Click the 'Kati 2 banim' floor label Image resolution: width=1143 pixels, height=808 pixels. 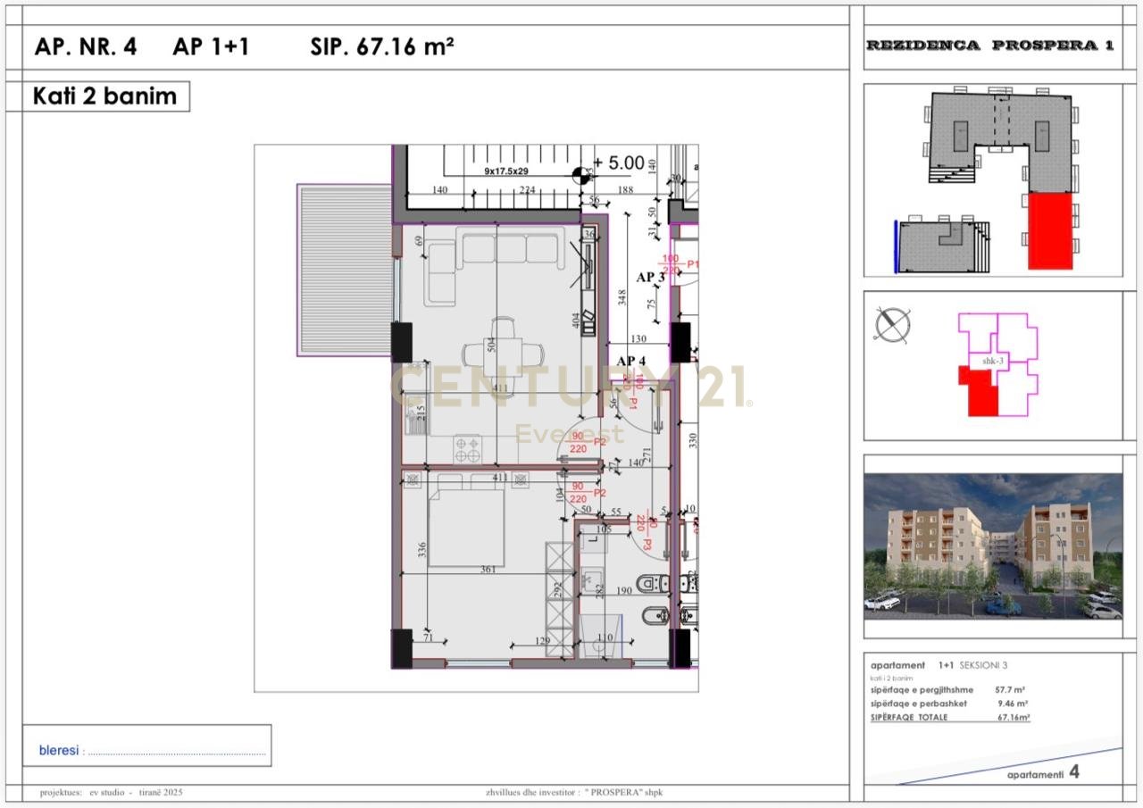104,96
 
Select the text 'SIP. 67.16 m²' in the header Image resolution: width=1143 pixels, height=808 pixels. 382,47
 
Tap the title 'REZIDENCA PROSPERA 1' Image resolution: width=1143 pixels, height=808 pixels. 990,46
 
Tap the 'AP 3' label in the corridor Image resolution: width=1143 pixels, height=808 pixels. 650,278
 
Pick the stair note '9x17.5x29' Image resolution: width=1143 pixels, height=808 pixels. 506,170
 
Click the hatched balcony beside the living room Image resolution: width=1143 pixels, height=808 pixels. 345,271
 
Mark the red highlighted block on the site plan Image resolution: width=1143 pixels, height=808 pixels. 1049,230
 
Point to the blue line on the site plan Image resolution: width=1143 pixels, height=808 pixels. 896,246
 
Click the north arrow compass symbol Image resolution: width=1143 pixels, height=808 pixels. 892,325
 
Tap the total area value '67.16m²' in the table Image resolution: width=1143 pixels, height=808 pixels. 1014,717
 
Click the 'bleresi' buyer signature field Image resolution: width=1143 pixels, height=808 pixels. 147,751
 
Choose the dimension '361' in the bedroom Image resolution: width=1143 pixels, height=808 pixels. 487,570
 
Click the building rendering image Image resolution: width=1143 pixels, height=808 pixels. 992,546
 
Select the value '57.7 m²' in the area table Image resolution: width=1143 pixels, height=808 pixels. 1009,690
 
